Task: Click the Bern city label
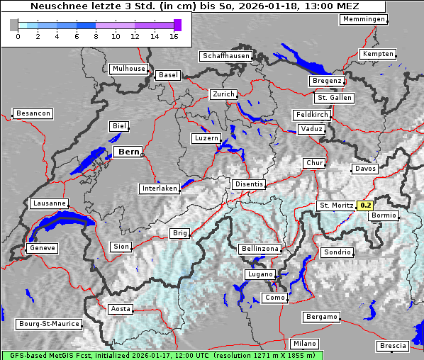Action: [128, 152]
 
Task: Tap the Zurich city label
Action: [223, 94]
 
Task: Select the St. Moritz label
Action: [336, 206]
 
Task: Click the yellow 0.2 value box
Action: [365, 206]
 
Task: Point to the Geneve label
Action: [42, 248]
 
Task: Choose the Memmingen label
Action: [364, 19]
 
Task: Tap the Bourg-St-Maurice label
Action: [48, 324]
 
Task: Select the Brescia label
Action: [393, 346]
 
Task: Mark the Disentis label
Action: [248, 184]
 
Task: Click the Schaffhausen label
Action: [225, 56]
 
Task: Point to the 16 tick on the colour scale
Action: [174, 35]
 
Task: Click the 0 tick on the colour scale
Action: [18, 35]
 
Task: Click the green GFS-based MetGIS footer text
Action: [162, 355]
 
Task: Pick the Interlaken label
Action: [159, 189]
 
